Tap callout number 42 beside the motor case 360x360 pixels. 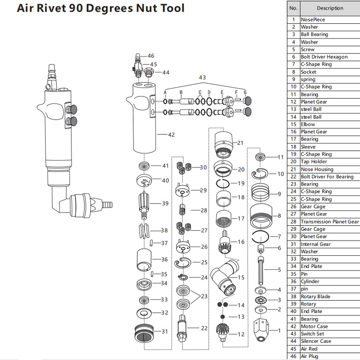point(171,135)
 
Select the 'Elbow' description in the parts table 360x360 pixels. point(308,124)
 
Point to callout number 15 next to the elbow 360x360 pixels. point(241,277)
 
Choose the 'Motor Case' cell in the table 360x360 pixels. point(314,326)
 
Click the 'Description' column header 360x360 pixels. point(330,8)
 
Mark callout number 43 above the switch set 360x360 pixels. point(202,77)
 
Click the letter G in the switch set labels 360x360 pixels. point(245,92)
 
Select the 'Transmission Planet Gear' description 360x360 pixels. point(330,222)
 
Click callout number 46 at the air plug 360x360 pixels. point(150,56)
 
